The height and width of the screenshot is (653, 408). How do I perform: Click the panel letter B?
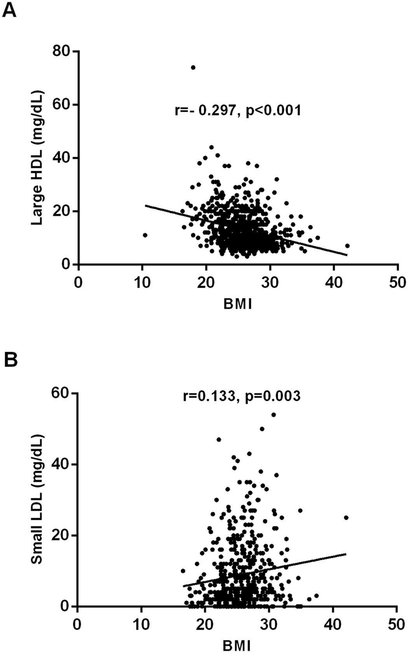(x=10, y=360)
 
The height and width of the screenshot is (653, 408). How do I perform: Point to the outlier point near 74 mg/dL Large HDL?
(x=193, y=68)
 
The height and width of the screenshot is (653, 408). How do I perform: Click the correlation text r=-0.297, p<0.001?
(x=238, y=111)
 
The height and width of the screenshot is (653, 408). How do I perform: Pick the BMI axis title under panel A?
(x=238, y=304)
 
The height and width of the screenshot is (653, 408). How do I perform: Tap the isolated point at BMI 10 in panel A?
(x=145, y=235)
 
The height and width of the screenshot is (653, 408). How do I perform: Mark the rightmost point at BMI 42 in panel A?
(x=347, y=246)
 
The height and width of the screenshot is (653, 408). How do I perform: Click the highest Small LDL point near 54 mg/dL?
(x=273, y=415)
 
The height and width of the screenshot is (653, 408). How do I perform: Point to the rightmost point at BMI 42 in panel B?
(x=346, y=518)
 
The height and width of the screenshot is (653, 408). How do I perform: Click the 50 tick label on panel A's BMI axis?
(x=397, y=282)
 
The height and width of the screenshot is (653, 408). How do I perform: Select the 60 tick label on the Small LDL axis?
(x=61, y=393)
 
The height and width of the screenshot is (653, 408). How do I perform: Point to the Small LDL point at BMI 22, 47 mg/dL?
(x=219, y=440)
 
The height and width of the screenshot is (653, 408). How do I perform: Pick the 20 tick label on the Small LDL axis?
(x=61, y=535)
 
